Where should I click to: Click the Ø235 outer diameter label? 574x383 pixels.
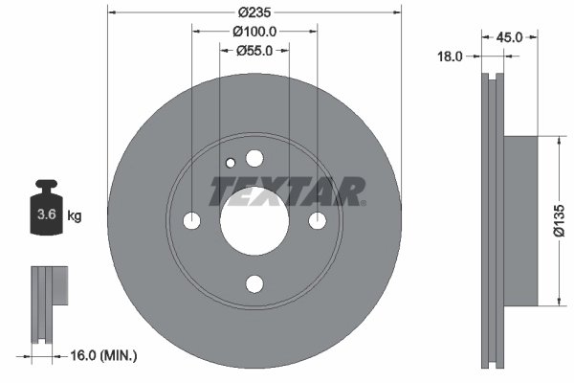click(254, 12)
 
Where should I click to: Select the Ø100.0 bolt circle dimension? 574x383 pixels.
click(254, 31)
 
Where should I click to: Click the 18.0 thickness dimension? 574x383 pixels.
click(450, 56)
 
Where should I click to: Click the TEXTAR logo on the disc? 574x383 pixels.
click(287, 191)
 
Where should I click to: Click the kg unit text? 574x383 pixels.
click(75, 216)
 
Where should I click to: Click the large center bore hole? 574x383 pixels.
click(254, 221)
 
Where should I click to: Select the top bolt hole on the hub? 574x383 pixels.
click(254, 158)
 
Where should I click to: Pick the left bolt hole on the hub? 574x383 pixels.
click(191, 221)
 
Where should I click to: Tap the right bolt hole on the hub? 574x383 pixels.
click(317, 221)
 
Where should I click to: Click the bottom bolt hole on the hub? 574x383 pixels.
click(254, 283)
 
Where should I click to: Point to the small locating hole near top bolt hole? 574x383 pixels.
click(230, 163)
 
